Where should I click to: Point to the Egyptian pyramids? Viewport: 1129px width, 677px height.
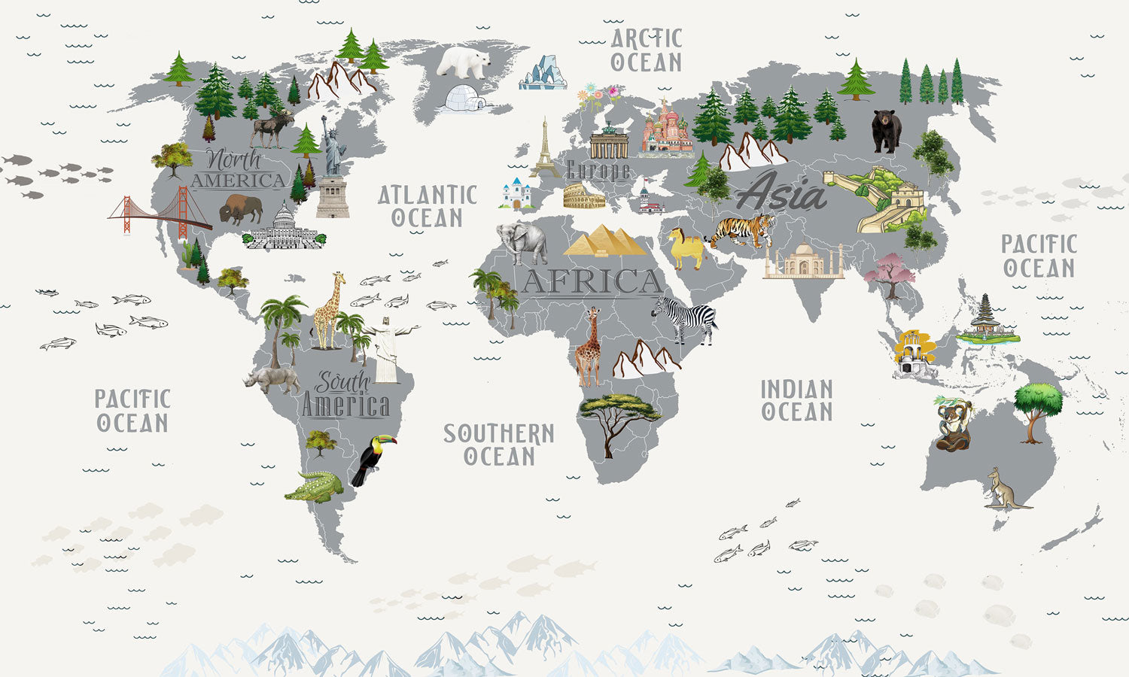pyautogui.click(x=605, y=241)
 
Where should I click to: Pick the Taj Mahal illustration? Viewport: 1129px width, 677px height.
pyautogui.click(x=803, y=262)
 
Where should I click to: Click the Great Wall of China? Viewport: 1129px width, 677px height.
pyautogui.click(x=876, y=199)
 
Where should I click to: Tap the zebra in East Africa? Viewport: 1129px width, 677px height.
pyautogui.click(x=685, y=317)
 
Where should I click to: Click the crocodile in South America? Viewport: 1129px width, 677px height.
pyautogui.click(x=314, y=487)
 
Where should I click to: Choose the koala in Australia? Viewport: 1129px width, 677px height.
pyautogui.click(x=953, y=424)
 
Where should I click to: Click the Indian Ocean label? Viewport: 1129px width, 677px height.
pyautogui.click(x=796, y=400)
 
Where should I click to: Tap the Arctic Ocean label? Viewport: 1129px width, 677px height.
pyautogui.click(x=646, y=50)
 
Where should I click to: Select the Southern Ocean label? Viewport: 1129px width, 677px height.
pyautogui.click(x=498, y=445)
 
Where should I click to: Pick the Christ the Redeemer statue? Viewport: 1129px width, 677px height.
pyautogui.click(x=387, y=349)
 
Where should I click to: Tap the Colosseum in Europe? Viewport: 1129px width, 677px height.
pyautogui.click(x=584, y=197)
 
